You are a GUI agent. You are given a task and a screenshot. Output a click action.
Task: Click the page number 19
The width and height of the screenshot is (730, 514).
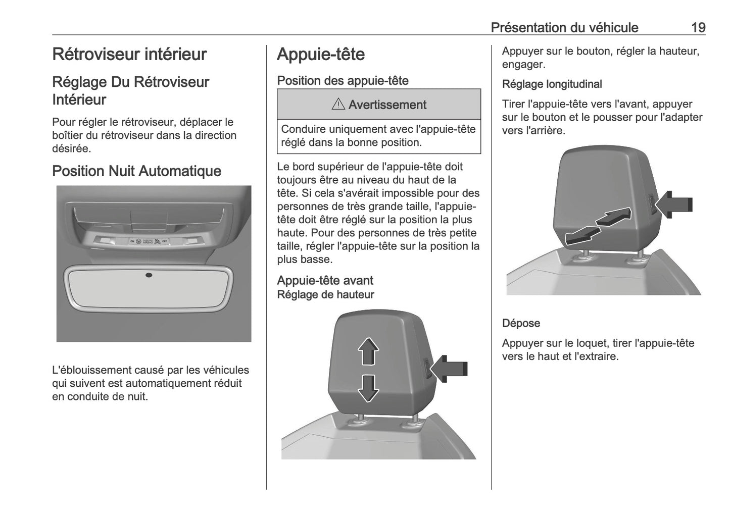point(698,27)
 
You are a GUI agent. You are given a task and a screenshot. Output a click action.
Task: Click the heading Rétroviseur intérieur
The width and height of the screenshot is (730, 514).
point(129,54)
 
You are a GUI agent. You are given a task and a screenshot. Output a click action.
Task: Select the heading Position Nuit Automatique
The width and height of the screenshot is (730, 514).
point(136,171)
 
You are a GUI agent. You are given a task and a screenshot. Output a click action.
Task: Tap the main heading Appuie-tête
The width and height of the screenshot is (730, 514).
point(320,54)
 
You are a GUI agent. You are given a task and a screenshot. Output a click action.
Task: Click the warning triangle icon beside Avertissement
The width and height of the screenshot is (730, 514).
point(338,105)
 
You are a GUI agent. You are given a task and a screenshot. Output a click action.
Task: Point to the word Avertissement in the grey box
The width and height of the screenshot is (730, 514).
point(387,105)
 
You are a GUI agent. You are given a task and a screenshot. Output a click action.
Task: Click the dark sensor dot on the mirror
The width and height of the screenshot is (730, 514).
point(149,275)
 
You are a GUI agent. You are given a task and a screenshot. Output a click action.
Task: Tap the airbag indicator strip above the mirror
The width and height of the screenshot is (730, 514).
point(149,241)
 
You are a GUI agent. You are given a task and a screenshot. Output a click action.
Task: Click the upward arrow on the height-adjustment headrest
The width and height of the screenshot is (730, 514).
point(368,350)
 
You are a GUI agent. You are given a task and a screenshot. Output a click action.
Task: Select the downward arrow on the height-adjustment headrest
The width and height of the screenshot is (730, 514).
point(368,388)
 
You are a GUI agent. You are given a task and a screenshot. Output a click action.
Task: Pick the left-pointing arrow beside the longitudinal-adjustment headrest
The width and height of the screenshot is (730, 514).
point(675,204)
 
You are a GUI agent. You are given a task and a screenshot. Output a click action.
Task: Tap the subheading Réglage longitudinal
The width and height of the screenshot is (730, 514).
point(552,84)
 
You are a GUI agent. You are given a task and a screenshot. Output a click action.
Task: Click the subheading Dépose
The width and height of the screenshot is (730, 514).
point(521,323)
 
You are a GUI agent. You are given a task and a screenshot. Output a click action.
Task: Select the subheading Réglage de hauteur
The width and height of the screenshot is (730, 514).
point(325,294)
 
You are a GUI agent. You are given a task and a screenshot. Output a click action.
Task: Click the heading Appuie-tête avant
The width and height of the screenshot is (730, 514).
point(325,280)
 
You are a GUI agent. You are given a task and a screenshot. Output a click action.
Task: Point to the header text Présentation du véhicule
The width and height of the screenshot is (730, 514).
point(564,27)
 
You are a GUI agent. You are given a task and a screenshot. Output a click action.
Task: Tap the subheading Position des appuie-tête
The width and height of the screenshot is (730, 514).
point(343,80)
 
